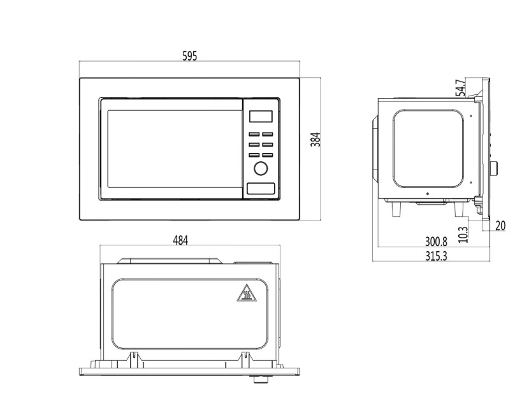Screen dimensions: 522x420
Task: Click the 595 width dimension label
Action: point(190,56)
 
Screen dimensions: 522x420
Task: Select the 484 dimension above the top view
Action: point(180,240)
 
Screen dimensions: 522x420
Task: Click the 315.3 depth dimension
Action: point(436,256)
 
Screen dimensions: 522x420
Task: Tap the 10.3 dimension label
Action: point(463,235)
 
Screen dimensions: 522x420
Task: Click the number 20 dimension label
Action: point(500,226)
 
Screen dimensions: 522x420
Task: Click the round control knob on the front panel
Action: point(261,168)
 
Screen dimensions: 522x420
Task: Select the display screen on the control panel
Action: point(261,116)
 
